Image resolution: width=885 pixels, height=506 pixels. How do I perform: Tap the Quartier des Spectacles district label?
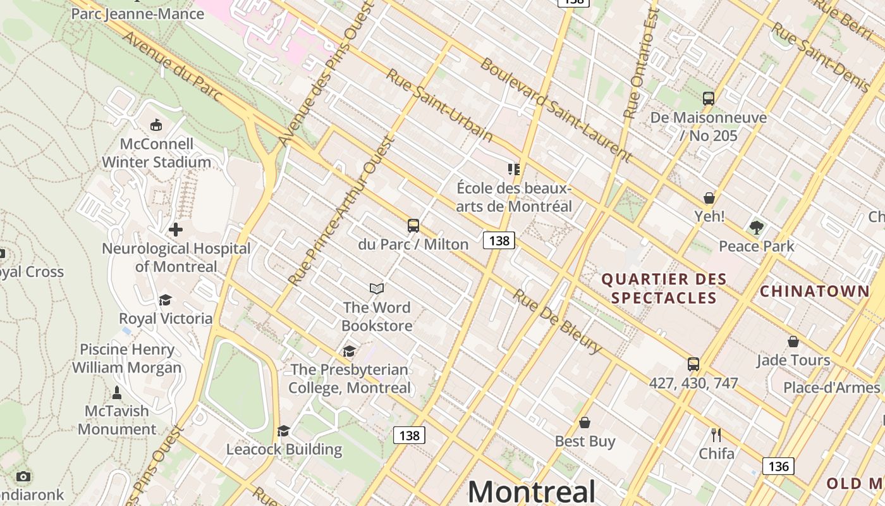[x=664, y=288]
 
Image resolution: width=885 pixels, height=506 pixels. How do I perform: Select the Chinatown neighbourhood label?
[x=814, y=292]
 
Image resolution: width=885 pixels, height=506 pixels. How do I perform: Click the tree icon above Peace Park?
[x=756, y=227]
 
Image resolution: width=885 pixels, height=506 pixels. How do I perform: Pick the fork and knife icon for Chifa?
[x=716, y=435]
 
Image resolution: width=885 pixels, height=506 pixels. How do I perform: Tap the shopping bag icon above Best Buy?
[x=585, y=423]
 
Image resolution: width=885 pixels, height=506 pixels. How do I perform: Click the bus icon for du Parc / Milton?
[x=413, y=226]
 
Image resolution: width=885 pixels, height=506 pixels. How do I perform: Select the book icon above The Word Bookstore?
[x=377, y=289]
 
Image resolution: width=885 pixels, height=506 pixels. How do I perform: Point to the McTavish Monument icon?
[x=117, y=393]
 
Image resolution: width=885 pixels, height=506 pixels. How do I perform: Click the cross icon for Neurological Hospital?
[x=176, y=230]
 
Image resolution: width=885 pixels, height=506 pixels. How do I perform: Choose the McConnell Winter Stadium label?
[x=157, y=153]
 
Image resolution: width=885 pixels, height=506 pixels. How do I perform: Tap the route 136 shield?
[x=778, y=466]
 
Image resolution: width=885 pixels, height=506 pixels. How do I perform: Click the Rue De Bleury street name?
[x=556, y=321]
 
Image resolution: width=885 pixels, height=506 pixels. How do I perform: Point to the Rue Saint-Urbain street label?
[x=439, y=105]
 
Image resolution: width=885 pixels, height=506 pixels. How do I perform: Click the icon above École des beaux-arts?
[x=514, y=170]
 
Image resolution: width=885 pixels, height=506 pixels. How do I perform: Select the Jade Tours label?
[x=793, y=361]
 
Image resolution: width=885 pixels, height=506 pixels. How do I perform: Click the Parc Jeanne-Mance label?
[x=138, y=13]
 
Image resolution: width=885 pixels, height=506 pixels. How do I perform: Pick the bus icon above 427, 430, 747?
[x=693, y=364]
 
